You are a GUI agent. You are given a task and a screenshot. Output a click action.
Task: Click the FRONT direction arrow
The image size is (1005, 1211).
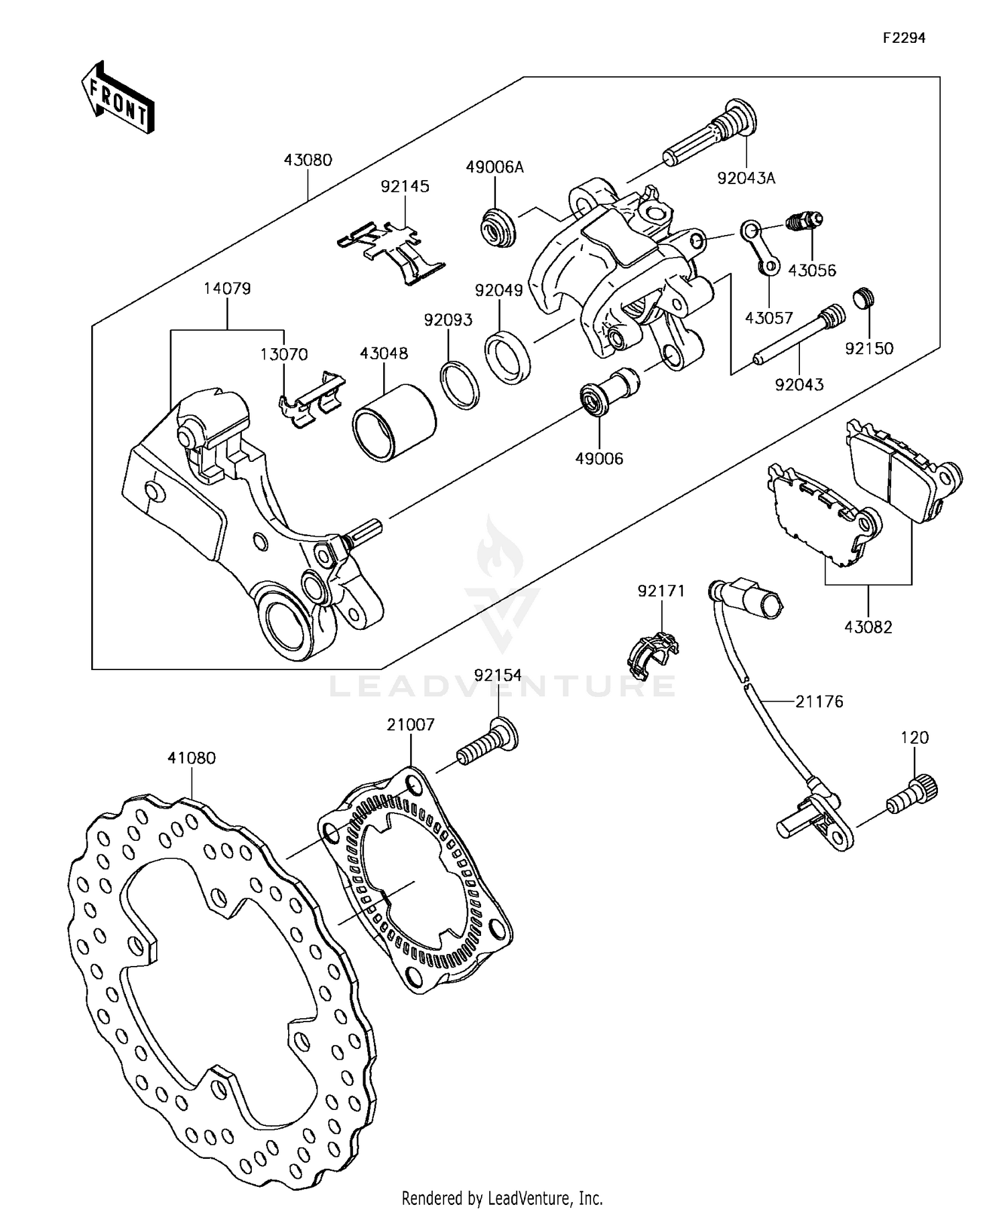coord(118,98)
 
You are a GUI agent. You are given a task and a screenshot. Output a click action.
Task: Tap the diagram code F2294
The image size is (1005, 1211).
coord(903,38)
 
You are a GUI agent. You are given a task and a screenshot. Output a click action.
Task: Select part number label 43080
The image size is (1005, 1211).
coord(308,160)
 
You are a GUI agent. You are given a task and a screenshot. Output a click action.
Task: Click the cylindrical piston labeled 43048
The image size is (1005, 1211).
coord(395,422)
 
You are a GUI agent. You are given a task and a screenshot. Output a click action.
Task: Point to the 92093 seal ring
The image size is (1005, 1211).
coord(460,384)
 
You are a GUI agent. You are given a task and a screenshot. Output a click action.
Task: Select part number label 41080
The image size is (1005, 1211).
coord(192,758)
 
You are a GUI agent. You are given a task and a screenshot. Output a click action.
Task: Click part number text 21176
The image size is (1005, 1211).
coord(819,702)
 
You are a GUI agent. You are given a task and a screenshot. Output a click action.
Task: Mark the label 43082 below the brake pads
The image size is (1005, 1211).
coord(868,627)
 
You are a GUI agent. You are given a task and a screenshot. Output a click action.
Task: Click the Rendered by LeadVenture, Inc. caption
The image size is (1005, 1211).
coord(502,1198)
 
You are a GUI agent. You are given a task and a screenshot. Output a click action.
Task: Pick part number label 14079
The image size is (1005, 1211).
coord(227,289)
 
